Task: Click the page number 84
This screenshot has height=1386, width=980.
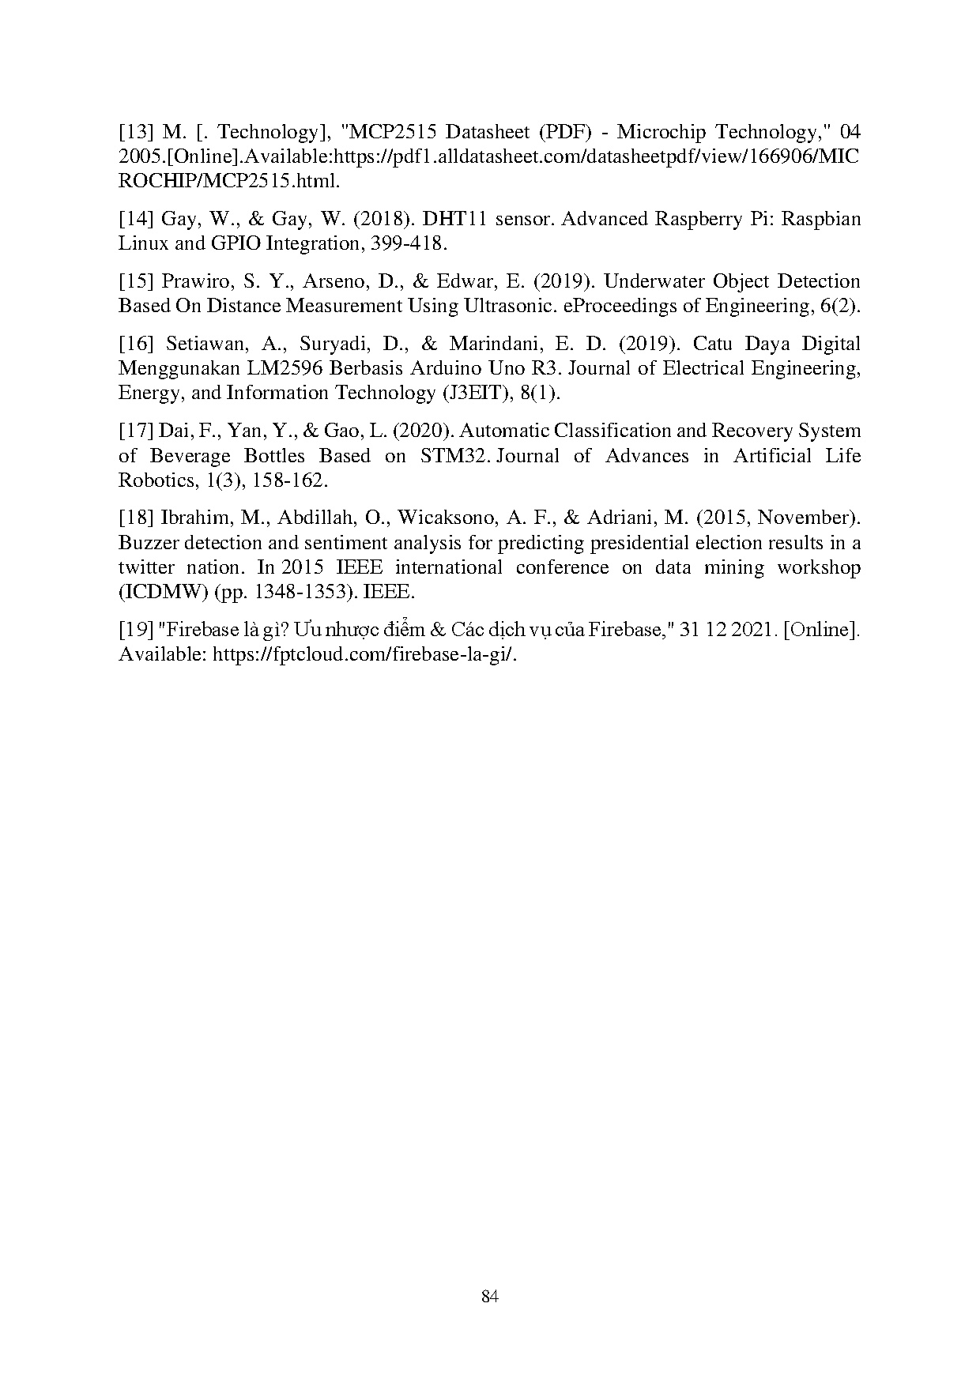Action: (x=489, y=1297)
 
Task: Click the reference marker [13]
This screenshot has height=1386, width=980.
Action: (x=137, y=131)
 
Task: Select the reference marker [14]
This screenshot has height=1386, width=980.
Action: (x=137, y=218)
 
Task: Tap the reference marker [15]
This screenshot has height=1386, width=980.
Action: (x=137, y=281)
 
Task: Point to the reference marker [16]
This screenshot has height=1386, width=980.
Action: (x=137, y=344)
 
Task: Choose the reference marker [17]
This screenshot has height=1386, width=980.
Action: (x=137, y=431)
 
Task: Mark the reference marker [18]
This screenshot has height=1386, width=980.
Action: (x=137, y=518)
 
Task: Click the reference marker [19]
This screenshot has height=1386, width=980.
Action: (x=137, y=630)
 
